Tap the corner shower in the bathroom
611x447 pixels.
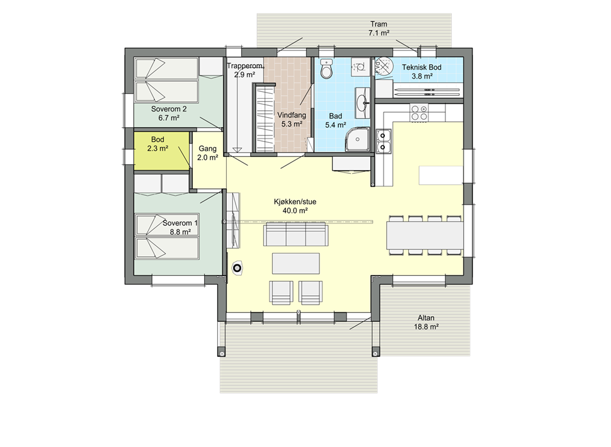357,139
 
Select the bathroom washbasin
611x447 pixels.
363,103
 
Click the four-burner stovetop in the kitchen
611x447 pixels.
419,112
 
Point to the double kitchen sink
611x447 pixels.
384,141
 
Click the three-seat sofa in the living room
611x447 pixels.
295,234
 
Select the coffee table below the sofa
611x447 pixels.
296,264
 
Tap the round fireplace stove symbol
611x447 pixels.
237,268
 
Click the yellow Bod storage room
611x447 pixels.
161,151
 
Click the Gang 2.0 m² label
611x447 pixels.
207,153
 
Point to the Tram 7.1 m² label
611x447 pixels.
379,28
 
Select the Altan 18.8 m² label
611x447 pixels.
426,322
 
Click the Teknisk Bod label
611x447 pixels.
421,67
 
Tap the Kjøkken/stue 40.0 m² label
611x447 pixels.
295,207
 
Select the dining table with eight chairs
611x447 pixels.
425,235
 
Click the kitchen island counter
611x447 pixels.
441,175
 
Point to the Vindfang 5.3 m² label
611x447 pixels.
292,120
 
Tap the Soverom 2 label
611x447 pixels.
169,109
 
